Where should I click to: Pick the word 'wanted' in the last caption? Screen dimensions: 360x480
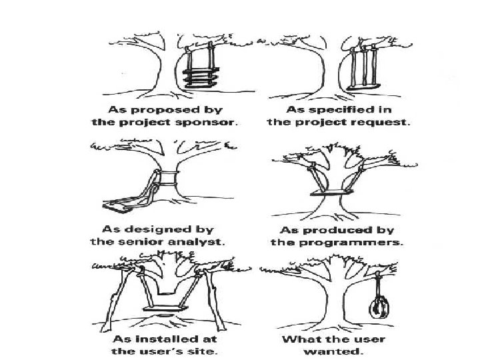[x=343, y=351]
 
